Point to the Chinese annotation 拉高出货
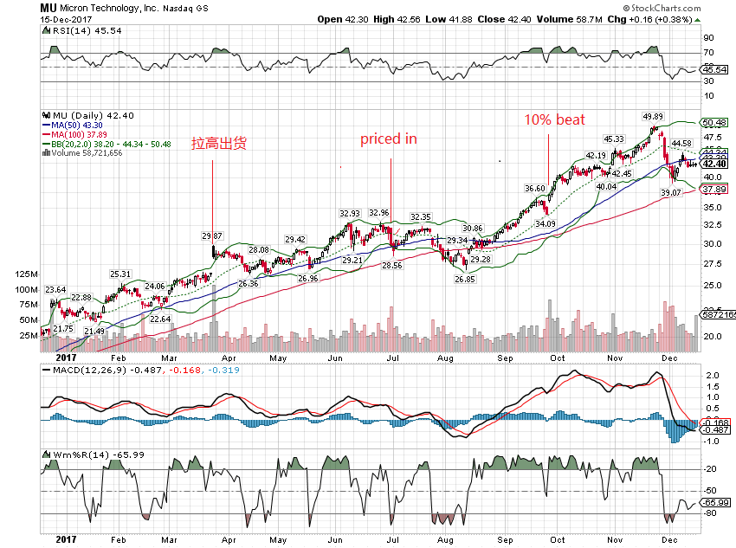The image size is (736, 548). coord(219,144)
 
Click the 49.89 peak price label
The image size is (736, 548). coord(652,117)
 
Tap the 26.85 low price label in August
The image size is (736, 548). coord(465,280)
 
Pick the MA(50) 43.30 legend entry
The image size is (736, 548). coord(79,125)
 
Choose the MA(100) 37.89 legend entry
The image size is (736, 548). coord(81,134)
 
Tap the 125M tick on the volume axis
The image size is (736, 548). coord(27,274)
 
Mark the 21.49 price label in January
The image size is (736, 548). coord(94,332)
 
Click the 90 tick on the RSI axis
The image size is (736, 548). coord(707,38)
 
